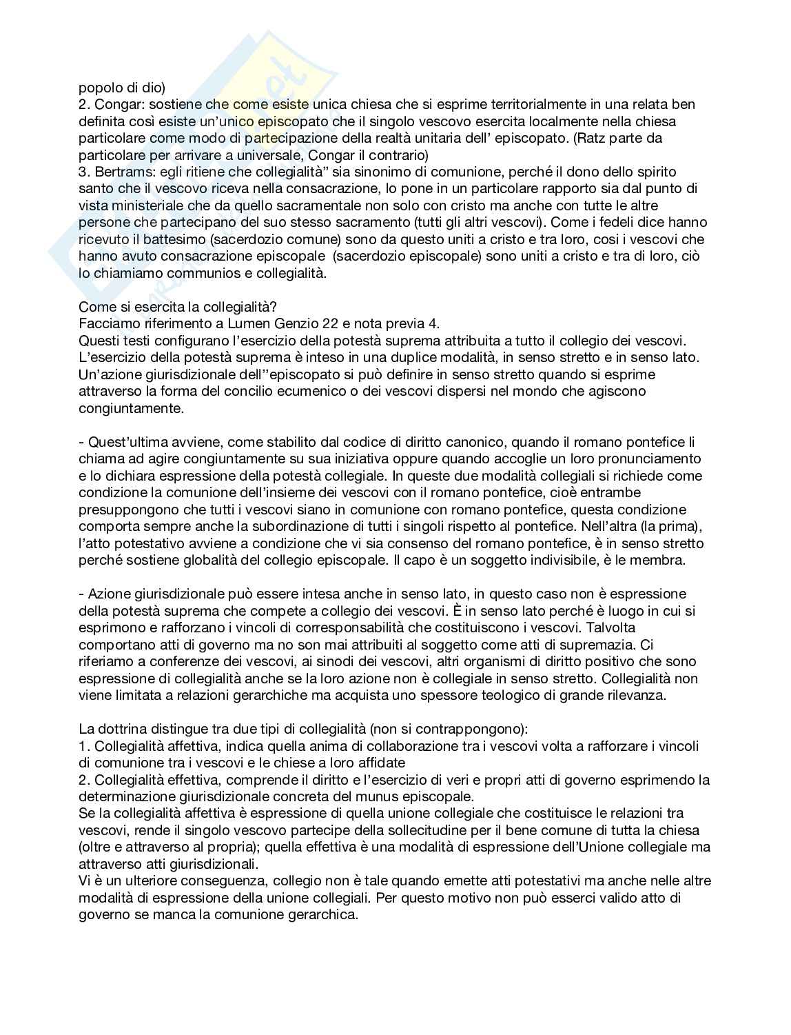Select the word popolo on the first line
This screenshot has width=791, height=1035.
[97, 88]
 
